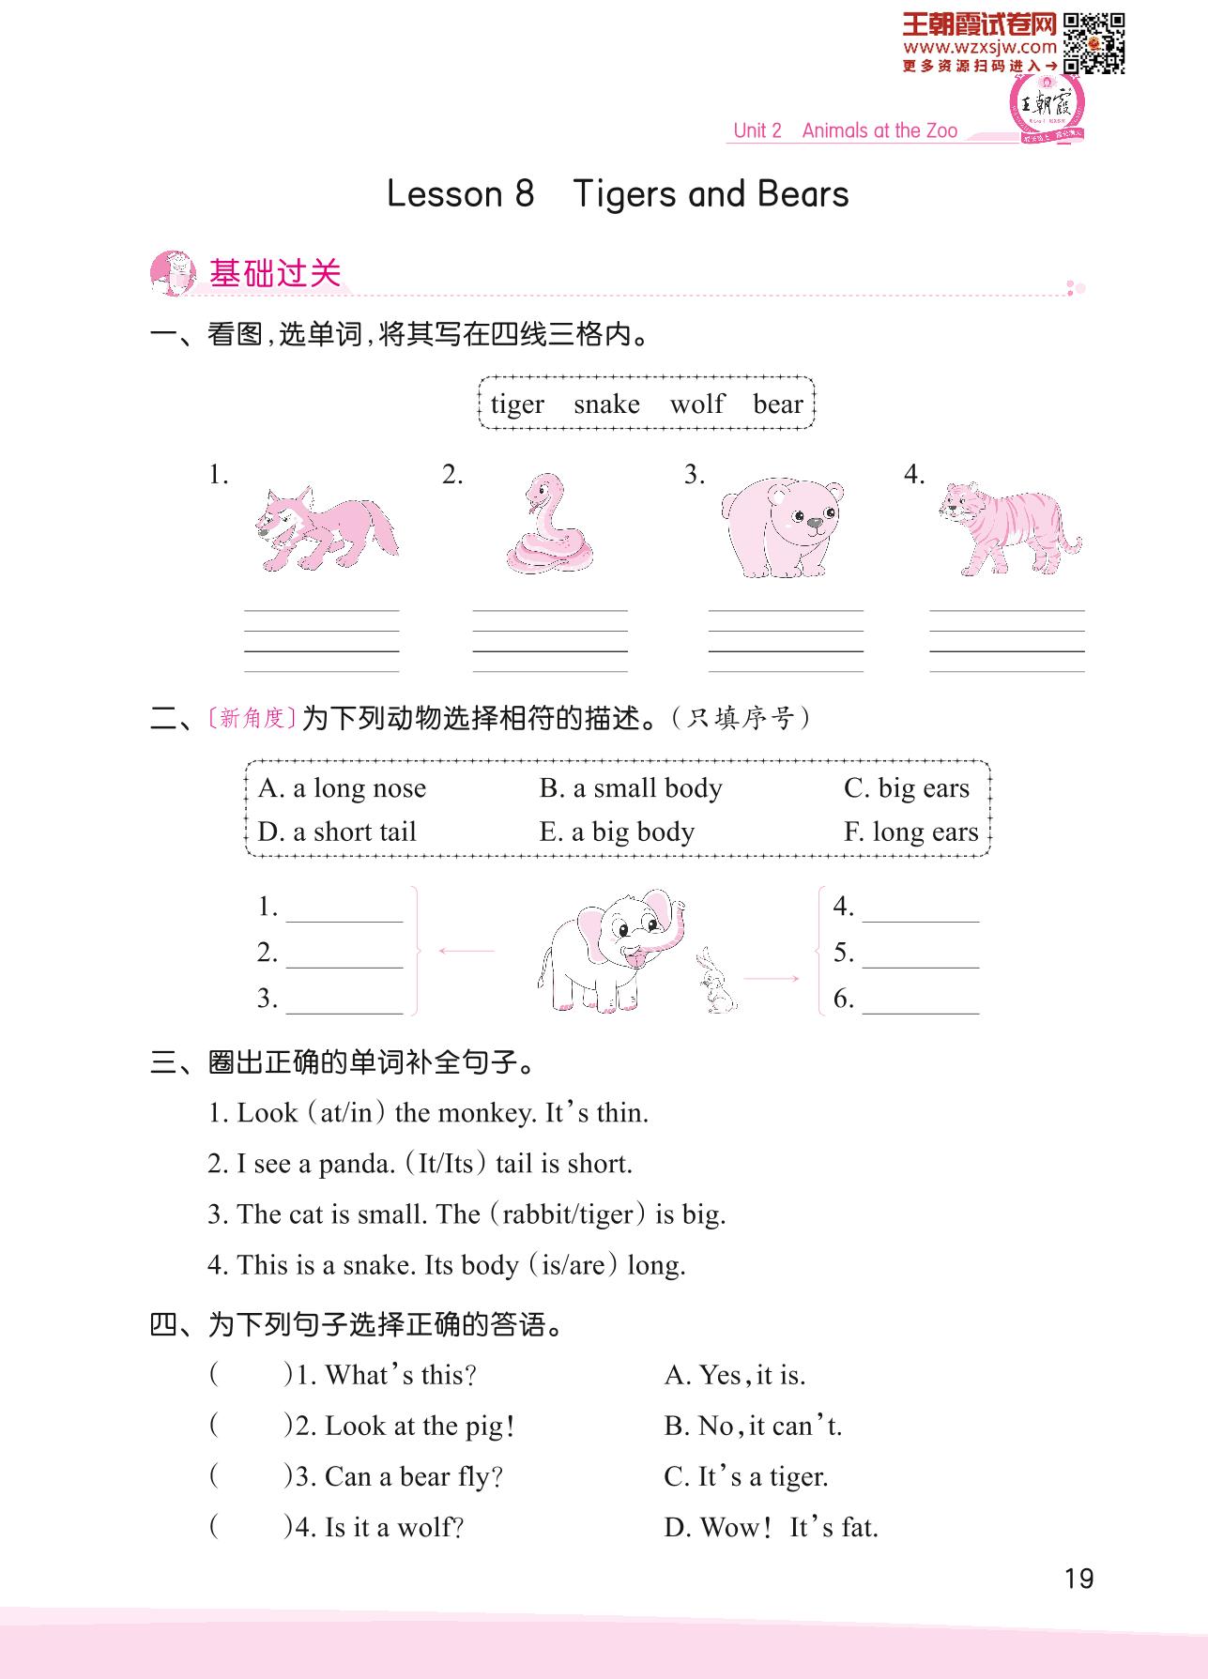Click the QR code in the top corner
[x=1094, y=42]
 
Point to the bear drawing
[x=783, y=528]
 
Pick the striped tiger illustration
[x=1009, y=528]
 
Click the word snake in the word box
[x=606, y=404]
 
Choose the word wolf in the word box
[x=696, y=404]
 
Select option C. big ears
[x=906, y=788]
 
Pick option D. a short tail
[x=337, y=832]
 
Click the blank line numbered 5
[x=920, y=955]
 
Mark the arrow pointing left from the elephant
[x=466, y=952]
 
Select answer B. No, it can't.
[x=753, y=1427]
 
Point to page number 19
[x=1079, y=1579]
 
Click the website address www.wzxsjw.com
[x=980, y=47]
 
